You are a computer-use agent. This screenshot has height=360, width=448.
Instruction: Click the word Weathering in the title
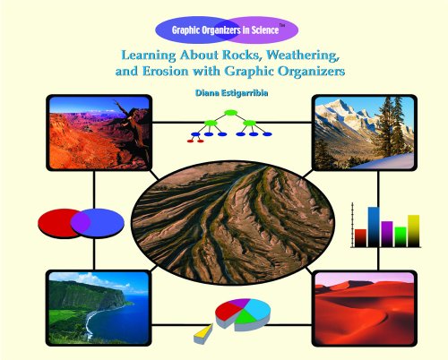pos(303,56)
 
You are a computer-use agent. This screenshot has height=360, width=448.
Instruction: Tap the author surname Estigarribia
pos(245,93)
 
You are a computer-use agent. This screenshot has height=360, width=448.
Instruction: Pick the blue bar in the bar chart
pos(374,227)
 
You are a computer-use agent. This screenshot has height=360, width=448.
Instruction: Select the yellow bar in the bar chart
pos(413,231)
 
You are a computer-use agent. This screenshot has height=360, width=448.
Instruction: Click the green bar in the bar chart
pos(401,236)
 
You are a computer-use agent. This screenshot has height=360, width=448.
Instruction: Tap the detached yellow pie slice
pos(202,333)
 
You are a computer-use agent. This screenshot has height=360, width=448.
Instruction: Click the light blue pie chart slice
pos(259,307)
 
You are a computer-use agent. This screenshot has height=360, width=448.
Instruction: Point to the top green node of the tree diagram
pos(230,113)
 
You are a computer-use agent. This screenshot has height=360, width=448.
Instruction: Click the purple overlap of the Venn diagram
pos(81,223)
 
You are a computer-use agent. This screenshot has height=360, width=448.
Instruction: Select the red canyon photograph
pos(99,133)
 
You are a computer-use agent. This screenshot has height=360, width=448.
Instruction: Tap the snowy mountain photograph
pos(365,133)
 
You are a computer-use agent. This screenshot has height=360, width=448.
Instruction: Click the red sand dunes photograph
pos(365,308)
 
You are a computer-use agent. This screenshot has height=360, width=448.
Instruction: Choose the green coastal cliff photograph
pos(99,308)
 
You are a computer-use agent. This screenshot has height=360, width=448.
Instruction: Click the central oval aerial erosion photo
pos(232,223)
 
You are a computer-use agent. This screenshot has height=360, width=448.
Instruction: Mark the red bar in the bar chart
pos(360,238)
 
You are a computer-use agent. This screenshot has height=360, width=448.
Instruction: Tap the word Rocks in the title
pos(242,56)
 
